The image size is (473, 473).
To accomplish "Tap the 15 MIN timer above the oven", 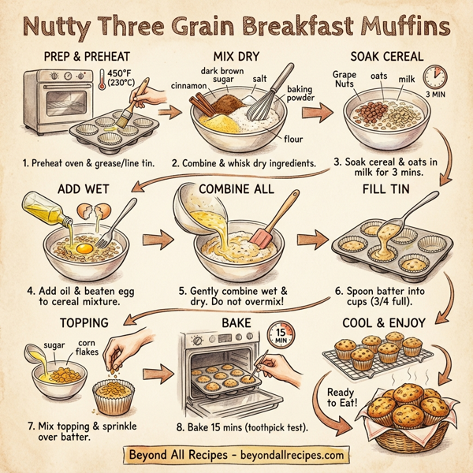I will [x=279, y=334].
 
